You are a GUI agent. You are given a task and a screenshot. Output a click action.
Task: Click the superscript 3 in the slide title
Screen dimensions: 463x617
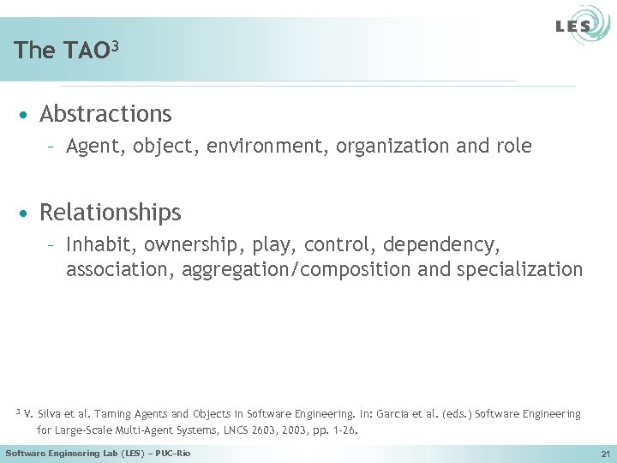pyautogui.click(x=113, y=43)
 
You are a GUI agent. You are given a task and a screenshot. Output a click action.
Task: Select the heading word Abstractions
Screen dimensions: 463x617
pyautogui.click(x=105, y=114)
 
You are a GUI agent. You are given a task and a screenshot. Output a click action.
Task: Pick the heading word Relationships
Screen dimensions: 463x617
pyautogui.click(x=111, y=212)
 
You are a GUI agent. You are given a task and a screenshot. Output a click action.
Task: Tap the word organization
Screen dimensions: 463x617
pyautogui.click(x=392, y=147)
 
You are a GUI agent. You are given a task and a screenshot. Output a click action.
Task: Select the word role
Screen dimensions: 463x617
pyautogui.click(x=512, y=147)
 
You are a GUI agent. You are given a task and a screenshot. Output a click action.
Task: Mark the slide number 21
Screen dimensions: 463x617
pyautogui.click(x=605, y=454)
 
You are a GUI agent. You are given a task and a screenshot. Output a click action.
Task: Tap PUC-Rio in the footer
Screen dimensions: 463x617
pyautogui.click(x=171, y=453)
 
